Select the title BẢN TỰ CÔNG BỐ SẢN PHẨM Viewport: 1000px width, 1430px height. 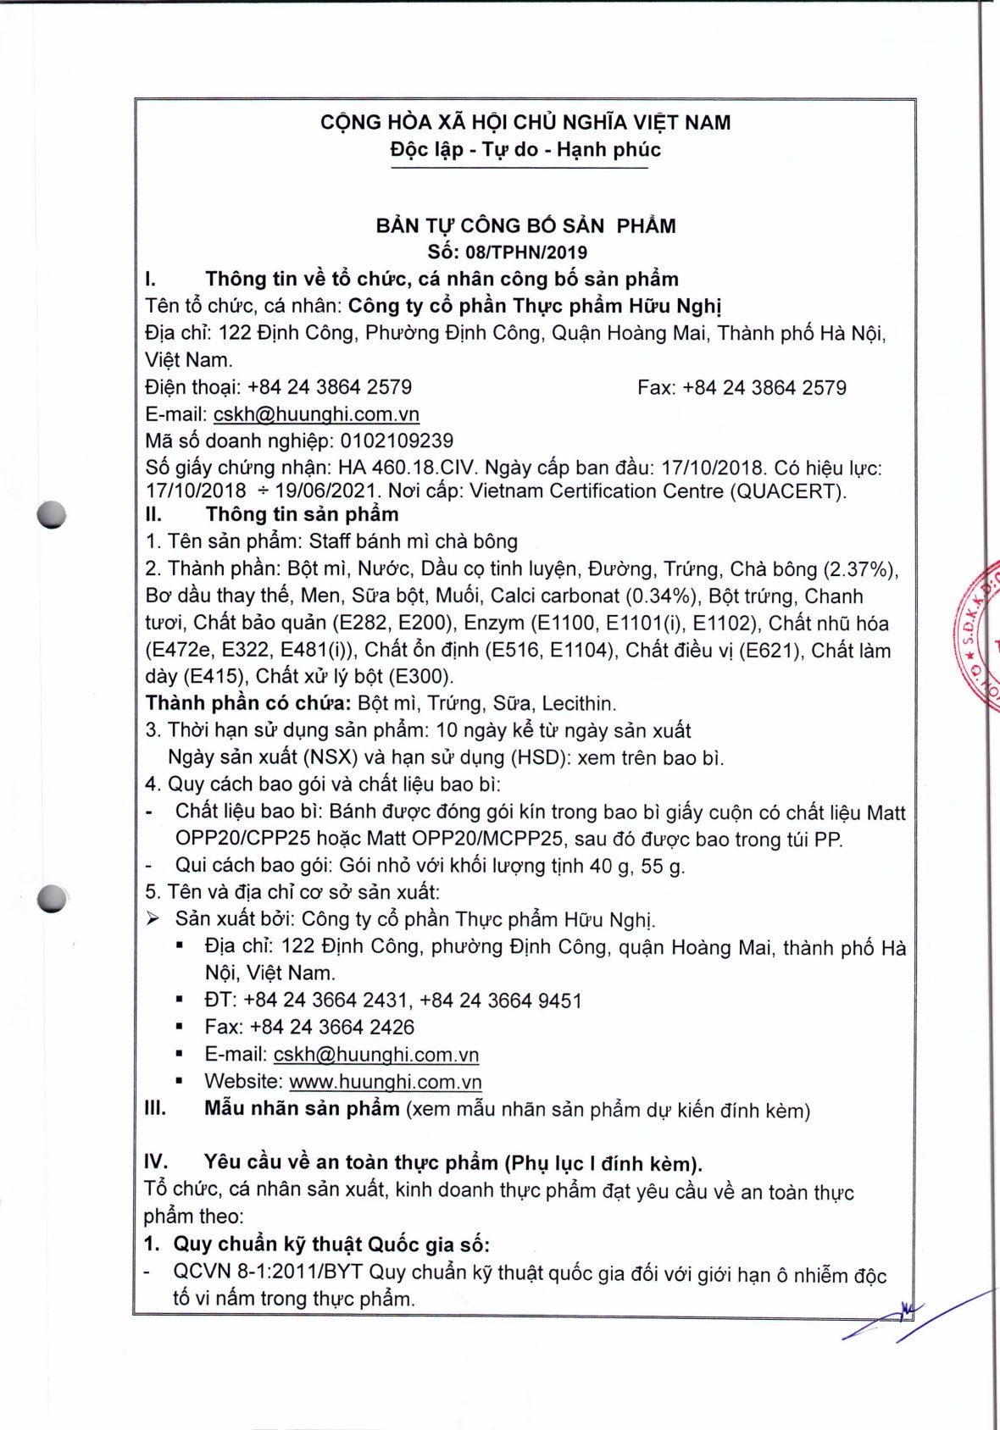(525, 226)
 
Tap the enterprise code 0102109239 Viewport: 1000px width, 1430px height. (397, 441)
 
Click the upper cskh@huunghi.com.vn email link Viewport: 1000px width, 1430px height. (316, 414)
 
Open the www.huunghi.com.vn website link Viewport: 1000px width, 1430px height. (385, 1082)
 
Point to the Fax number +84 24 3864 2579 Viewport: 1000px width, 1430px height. (764, 388)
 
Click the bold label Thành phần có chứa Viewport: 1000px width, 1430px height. (247, 703)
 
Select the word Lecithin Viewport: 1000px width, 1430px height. (578, 703)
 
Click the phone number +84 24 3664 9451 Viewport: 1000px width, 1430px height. (500, 1000)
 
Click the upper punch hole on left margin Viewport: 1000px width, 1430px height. (52, 514)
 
